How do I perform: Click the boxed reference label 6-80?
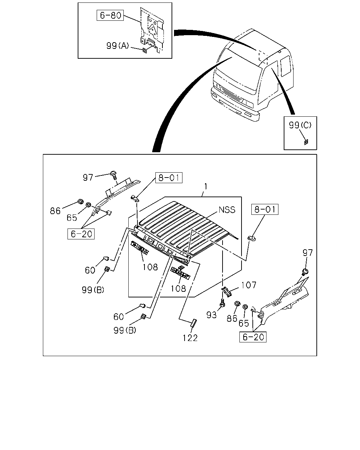click(x=110, y=15)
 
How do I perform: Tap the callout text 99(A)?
click(x=117, y=46)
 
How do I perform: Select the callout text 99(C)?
click(x=300, y=125)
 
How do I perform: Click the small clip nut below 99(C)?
click(x=306, y=142)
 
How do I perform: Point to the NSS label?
click(x=227, y=210)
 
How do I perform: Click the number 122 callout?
click(x=190, y=338)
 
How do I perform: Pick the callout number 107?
click(x=249, y=285)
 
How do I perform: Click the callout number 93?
click(x=211, y=315)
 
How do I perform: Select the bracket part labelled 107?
click(x=226, y=292)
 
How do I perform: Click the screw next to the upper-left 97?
click(x=114, y=175)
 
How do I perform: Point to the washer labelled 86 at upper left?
click(x=80, y=201)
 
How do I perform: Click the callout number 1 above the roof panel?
click(x=206, y=186)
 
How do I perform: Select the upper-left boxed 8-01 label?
click(x=169, y=178)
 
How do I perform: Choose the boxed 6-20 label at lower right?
click(x=253, y=337)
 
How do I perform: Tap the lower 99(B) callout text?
click(x=125, y=330)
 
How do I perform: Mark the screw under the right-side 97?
click(x=305, y=272)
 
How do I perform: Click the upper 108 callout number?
click(x=150, y=267)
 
